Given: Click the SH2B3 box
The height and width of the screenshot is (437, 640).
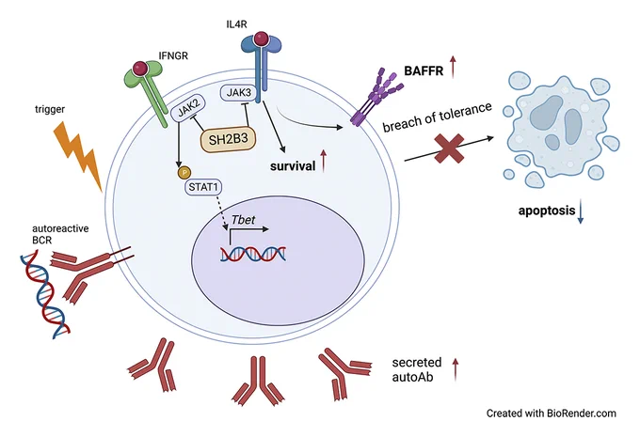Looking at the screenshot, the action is pos(228,140).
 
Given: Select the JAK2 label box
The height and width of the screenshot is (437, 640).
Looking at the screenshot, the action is pos(188,108).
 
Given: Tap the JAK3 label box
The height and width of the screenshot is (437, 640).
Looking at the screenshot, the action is pos(239,92).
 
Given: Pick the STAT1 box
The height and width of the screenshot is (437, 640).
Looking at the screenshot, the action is pos(203,187).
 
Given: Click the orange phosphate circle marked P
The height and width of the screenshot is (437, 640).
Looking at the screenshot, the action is pos(184,172).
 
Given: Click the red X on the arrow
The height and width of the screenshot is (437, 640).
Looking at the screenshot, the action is pos(449,148).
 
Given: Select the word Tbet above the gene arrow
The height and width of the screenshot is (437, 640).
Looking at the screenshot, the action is pos(243,220).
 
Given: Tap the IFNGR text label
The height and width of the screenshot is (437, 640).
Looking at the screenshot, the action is pos(173,55).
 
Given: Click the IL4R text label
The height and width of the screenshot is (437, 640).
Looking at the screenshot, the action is pos(237,24).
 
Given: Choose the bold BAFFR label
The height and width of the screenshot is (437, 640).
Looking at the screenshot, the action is pos(424,70).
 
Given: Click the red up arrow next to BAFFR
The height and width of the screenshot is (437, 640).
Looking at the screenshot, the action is pos(453,67).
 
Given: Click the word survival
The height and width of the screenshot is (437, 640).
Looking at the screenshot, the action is pos(293,166).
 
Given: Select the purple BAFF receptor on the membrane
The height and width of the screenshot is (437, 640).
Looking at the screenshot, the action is pos(376,97).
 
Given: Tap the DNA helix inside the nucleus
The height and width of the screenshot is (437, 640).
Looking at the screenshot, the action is pos(253,254).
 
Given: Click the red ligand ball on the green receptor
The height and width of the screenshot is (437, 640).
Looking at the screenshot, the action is pos(140,68).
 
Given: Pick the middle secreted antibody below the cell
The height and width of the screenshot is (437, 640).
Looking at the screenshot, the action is pos(259,380).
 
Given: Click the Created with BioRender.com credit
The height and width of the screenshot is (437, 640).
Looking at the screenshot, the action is pos(551,414).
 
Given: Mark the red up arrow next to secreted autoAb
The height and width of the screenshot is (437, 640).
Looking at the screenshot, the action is pos(456,369).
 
